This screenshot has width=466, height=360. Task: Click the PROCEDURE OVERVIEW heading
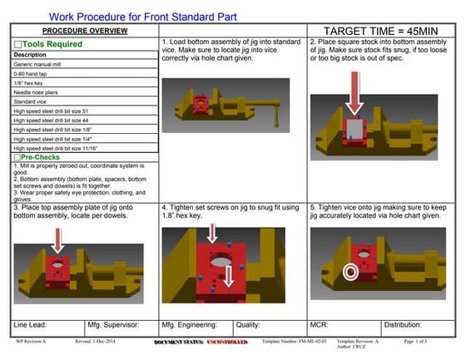click(85, 30)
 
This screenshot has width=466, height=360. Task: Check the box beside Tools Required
click(17, 44)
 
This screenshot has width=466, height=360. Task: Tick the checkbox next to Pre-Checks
click(17, 157)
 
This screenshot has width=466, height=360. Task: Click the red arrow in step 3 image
click(57, 240)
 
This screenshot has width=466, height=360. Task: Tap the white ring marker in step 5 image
click(350, 272)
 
